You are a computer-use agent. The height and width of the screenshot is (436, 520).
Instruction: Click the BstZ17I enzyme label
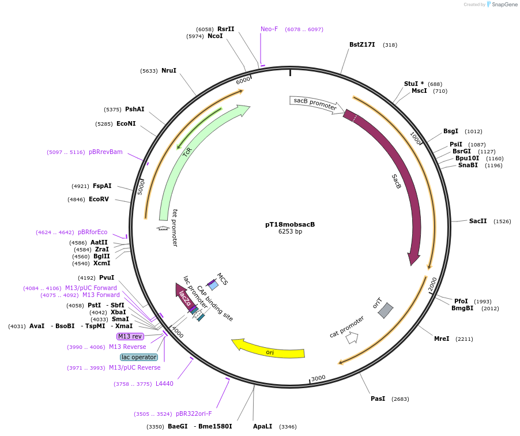(362, 44)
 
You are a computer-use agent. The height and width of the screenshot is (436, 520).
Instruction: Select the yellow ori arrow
(268, 349)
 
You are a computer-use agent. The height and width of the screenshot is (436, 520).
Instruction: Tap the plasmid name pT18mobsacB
(290, 224)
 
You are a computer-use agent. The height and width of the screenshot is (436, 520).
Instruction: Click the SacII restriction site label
(478, 221)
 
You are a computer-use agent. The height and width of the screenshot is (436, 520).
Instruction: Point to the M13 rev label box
(130, 336)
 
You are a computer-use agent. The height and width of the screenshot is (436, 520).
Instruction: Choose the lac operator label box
(139, 357)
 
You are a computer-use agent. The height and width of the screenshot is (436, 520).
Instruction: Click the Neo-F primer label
(269, 29)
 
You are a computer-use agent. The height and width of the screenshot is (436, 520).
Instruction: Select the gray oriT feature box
(385, 310)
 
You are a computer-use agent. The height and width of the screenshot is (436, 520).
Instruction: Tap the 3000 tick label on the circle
(318, 378)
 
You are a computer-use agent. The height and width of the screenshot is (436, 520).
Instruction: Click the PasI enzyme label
(378, 399)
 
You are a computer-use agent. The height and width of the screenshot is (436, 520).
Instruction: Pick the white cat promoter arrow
(352, 338)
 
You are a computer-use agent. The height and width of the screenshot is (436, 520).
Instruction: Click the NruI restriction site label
(169, 70)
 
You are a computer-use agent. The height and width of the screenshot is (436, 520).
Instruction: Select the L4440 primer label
(164, 384)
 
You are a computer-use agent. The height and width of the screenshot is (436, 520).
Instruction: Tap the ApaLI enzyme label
(262, 426)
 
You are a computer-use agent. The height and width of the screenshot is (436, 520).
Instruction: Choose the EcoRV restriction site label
(99, 199)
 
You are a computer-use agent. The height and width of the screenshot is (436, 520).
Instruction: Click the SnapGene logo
(500, 5)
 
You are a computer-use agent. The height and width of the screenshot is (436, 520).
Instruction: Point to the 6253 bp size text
(290, 232)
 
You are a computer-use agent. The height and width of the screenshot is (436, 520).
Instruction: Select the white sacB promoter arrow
(315, 103)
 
